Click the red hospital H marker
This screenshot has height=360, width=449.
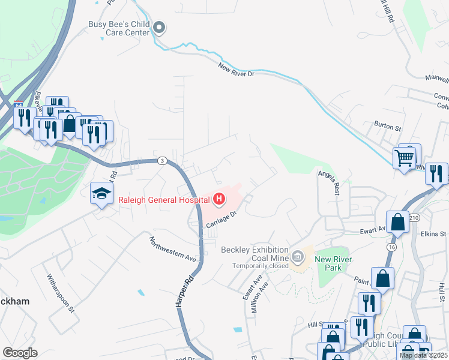coord(219,199)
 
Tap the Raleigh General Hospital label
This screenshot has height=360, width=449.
coord(164,199)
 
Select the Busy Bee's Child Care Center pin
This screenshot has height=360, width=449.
coord(159,27)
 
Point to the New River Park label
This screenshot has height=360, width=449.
coord(332,263)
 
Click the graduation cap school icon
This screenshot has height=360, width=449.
coord(101,193)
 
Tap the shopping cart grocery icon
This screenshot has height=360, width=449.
coord(405,158)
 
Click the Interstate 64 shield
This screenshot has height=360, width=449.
coord(19,104)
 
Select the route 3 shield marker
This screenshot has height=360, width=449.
coord(161,160)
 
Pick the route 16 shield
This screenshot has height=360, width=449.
coord(392,246)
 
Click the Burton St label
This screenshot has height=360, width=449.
coord(387,127)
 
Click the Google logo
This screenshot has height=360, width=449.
coord(20,352)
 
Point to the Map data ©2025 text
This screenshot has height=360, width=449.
coord(423,355)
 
